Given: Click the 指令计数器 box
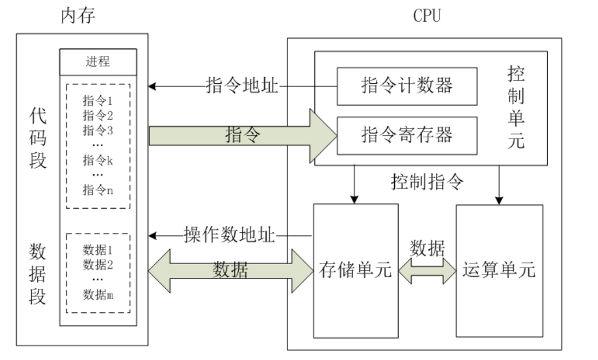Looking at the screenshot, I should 406,86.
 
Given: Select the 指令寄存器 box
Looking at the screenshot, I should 406,135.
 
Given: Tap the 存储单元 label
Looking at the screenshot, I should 355,270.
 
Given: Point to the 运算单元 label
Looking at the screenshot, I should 499,270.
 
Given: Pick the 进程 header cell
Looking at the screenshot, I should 97,61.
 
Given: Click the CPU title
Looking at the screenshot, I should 427,16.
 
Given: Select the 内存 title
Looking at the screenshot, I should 78,16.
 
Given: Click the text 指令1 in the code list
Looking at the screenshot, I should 97,101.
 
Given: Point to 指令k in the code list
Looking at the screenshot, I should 97,160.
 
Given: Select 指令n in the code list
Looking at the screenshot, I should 97,190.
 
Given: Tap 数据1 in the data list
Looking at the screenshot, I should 97,250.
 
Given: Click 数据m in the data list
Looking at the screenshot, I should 97,295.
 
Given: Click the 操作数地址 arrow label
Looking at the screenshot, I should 228,236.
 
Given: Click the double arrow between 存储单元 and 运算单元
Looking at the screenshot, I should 427,270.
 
